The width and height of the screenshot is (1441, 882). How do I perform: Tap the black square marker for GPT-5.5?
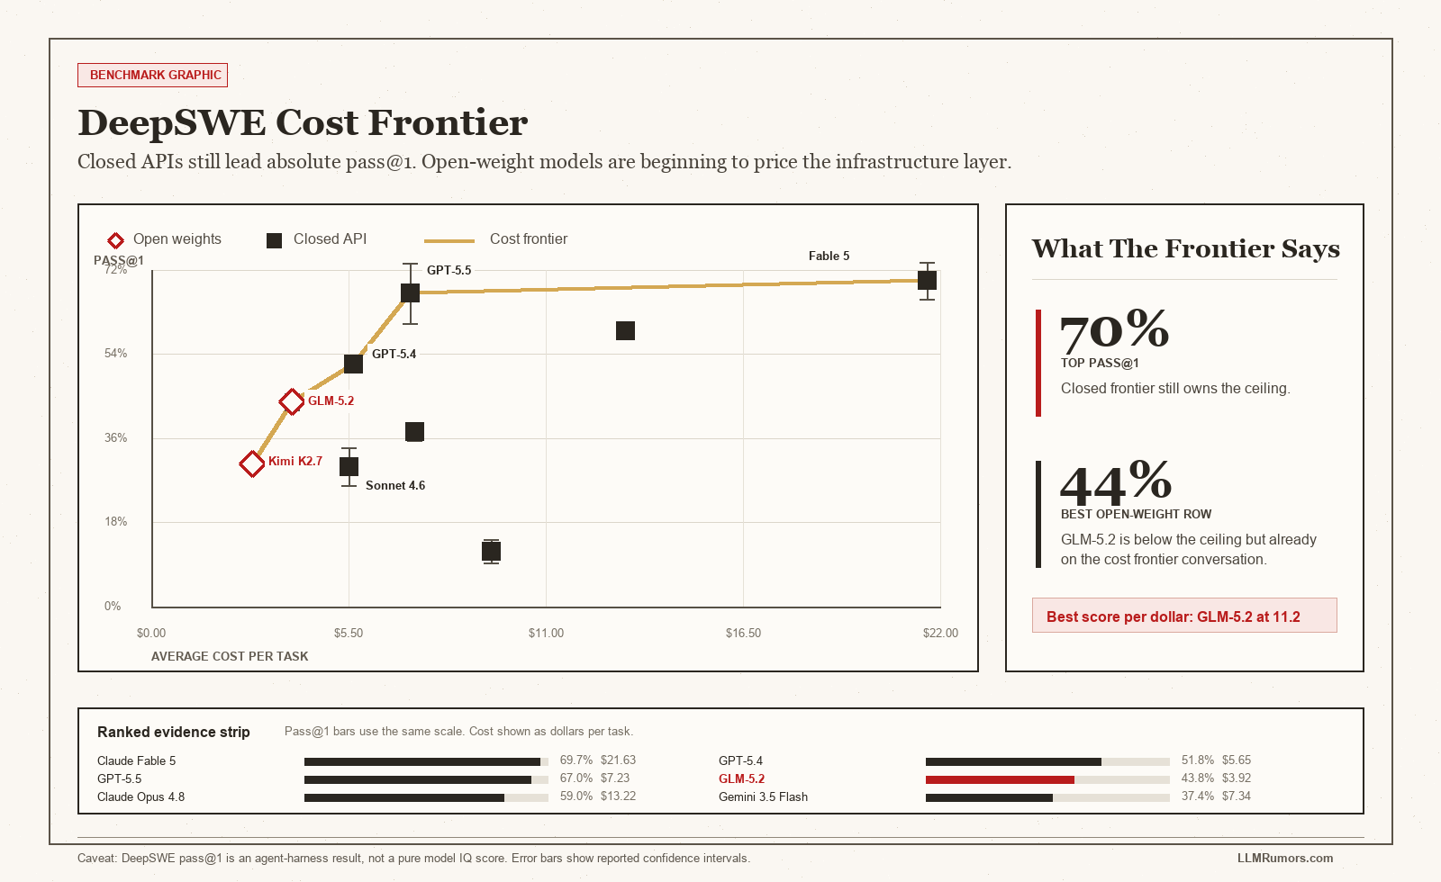(x=410, y=293)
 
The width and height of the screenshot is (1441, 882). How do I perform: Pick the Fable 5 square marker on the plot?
(x=927, y=281)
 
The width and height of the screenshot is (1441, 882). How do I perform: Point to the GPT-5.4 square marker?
(x=353, y=364)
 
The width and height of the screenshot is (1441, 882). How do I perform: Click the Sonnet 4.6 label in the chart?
(x=395, y=485)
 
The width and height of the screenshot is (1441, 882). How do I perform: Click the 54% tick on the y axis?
(x=116, y=353)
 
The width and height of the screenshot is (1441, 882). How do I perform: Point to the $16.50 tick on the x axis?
(x=743, y=634)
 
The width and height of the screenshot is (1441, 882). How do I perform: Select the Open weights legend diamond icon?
(x=115, y=240)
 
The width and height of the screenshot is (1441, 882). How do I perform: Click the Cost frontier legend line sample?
(x=449, y=240)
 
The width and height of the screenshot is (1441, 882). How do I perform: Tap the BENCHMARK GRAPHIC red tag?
(x=152, y=76)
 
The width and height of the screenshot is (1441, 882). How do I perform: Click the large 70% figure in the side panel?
(x=1114, y=329)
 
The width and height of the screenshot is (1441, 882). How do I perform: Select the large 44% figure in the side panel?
(x=1116, y=481)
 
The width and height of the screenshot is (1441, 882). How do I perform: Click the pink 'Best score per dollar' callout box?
(x=1184, y=616)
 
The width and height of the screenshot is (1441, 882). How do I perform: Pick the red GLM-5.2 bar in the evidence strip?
(x=1000, y=779)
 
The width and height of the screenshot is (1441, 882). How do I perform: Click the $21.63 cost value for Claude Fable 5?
(x=618, y=760)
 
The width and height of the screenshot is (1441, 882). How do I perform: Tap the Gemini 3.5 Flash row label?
(x=763, y=797)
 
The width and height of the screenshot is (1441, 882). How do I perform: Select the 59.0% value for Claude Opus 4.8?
(x=575, y=796)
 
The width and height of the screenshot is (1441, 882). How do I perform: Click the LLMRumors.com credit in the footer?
(x=1285, y=859)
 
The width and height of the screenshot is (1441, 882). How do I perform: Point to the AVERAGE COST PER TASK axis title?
(x=230, y=656)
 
